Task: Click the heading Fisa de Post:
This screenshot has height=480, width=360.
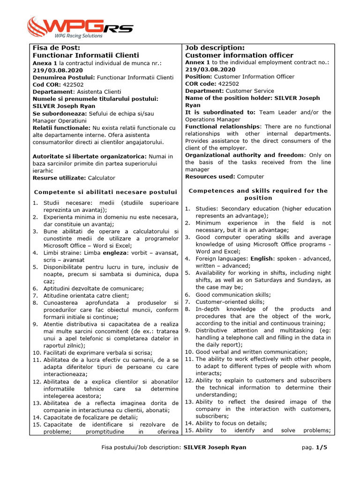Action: coord(56,48)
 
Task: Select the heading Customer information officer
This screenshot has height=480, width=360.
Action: coord(239,55)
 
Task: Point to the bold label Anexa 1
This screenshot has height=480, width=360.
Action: coord(45,63)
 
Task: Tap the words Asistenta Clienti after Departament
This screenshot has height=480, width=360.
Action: coord(99,92)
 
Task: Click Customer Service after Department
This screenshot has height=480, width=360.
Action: coord(250,91)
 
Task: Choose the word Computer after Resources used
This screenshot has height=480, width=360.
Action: coord(250,177)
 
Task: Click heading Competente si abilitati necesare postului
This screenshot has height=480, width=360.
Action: coord(106,192)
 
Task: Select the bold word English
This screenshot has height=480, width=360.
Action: coord(262,258)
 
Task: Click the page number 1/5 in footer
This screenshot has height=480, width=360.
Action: coord(321,447)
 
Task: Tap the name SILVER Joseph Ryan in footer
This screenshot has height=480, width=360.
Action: coord(214,447)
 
